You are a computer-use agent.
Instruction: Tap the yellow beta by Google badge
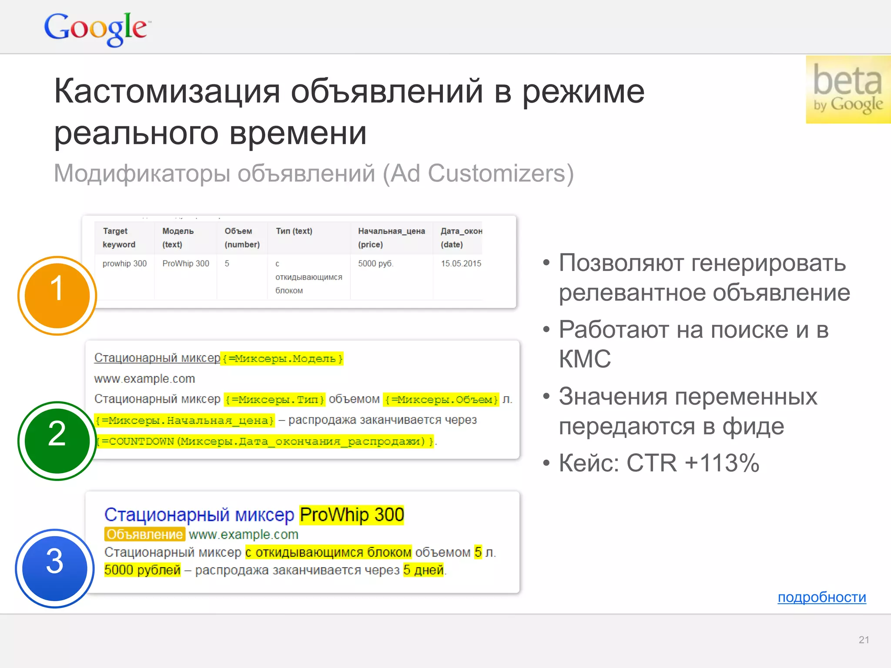[x=847, y=90]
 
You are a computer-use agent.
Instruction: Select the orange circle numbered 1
[x=57, y=295]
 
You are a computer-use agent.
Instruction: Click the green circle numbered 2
[x=57, y=441]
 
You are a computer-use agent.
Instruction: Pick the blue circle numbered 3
[x=55, y=568]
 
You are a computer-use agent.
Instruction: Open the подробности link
[x=821, y=597]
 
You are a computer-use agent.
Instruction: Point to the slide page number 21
[x=864, y=640]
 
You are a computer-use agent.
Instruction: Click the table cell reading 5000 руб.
[x=375, y=264]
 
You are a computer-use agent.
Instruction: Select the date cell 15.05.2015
[x=461, y=264]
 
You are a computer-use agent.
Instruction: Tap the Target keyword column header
[x=119, y=237]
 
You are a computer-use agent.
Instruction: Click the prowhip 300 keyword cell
[x=124, y=264]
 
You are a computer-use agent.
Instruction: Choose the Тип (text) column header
[x=294, y=231]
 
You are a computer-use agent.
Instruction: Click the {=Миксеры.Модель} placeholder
[x=282, y=359]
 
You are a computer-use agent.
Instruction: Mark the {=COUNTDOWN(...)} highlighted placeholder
[x=265, y=441]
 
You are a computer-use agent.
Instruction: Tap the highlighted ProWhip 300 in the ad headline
[x=352, y=514]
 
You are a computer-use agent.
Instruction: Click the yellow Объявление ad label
[x=144, y=534]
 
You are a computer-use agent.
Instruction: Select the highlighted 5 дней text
[x=423, y=570]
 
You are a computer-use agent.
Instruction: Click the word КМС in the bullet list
[x=585, y=359]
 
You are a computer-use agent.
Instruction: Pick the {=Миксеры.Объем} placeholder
[x=441, y=399]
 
